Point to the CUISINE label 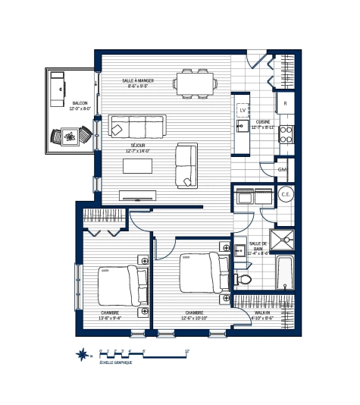(263, 121)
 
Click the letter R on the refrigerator (285, 102)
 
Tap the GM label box (282, 171)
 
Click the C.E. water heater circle (286, 195)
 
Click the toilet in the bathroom (243, 280)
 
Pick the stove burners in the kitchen (286, 134)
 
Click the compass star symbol (82, 353)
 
